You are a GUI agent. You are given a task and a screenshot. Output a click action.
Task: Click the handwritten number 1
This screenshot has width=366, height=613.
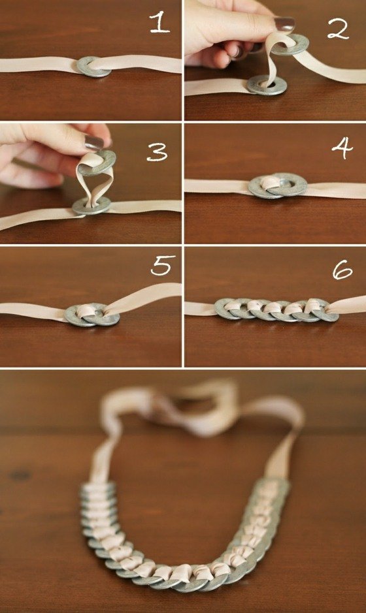(x=159, y=24)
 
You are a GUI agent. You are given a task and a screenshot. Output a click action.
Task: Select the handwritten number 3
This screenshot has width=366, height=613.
(x=157, y=151)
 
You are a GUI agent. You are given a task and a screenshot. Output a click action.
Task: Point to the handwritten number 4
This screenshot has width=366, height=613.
(x=341, y=149)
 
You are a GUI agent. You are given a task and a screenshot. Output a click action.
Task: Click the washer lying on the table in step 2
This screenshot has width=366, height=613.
(x=267, y=84)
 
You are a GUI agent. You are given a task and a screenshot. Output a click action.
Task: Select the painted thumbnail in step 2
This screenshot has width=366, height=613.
(x=284, y=24)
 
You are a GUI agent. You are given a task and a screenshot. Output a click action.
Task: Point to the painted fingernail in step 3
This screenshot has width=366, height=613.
(x=93, y=142)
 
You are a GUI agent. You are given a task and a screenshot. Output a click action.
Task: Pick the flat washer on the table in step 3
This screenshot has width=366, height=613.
(x=91, y=206)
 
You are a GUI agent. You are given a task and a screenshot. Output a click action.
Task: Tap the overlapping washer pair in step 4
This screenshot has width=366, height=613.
(x=274, y=186)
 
